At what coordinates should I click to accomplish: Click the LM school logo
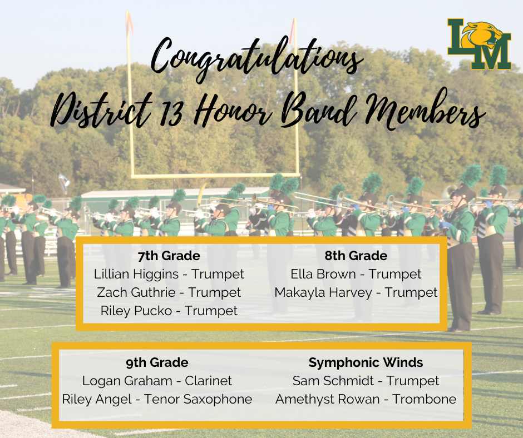(x=479, y=44)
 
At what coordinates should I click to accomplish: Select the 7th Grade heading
(x=169, y=256)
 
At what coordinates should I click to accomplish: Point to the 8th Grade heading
(x=356, y=256)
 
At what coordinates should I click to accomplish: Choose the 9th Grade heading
(x=157, y=363)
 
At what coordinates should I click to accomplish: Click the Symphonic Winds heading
(x=366, y=363)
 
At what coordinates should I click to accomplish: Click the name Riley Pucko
(x=137, y=311)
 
